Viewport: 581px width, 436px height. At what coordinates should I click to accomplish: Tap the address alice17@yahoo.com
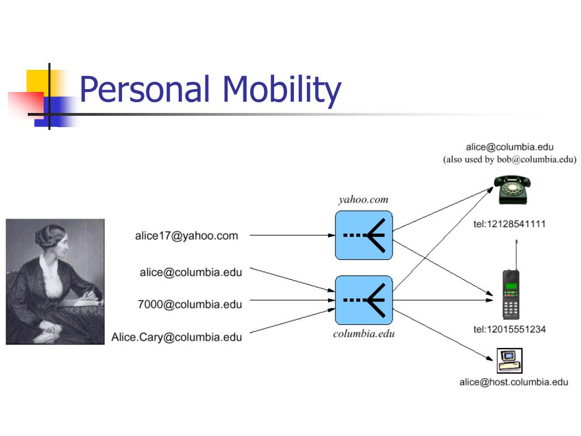pos(186,236)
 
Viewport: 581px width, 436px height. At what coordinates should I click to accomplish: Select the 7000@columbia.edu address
pos(190,304)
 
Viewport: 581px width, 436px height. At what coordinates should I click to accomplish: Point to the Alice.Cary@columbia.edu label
pos(176,337)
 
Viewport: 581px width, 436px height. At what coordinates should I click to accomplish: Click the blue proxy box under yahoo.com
pos(364,235)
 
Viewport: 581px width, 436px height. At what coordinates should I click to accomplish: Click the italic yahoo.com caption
pos(363,199)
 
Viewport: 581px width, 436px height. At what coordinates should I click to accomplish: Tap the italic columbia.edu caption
pos(364,333)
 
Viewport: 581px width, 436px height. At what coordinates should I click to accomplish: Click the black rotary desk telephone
pos(511,189)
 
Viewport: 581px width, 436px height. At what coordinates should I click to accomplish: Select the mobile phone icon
pos(512,294)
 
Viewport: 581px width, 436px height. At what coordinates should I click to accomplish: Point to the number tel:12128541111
pos(510,224)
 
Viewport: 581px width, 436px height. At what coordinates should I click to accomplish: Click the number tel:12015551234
pos(510,329)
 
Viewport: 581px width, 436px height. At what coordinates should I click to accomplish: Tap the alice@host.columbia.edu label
pos(513,382)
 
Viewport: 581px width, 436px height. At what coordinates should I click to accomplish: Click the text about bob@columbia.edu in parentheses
pos(510,160)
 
